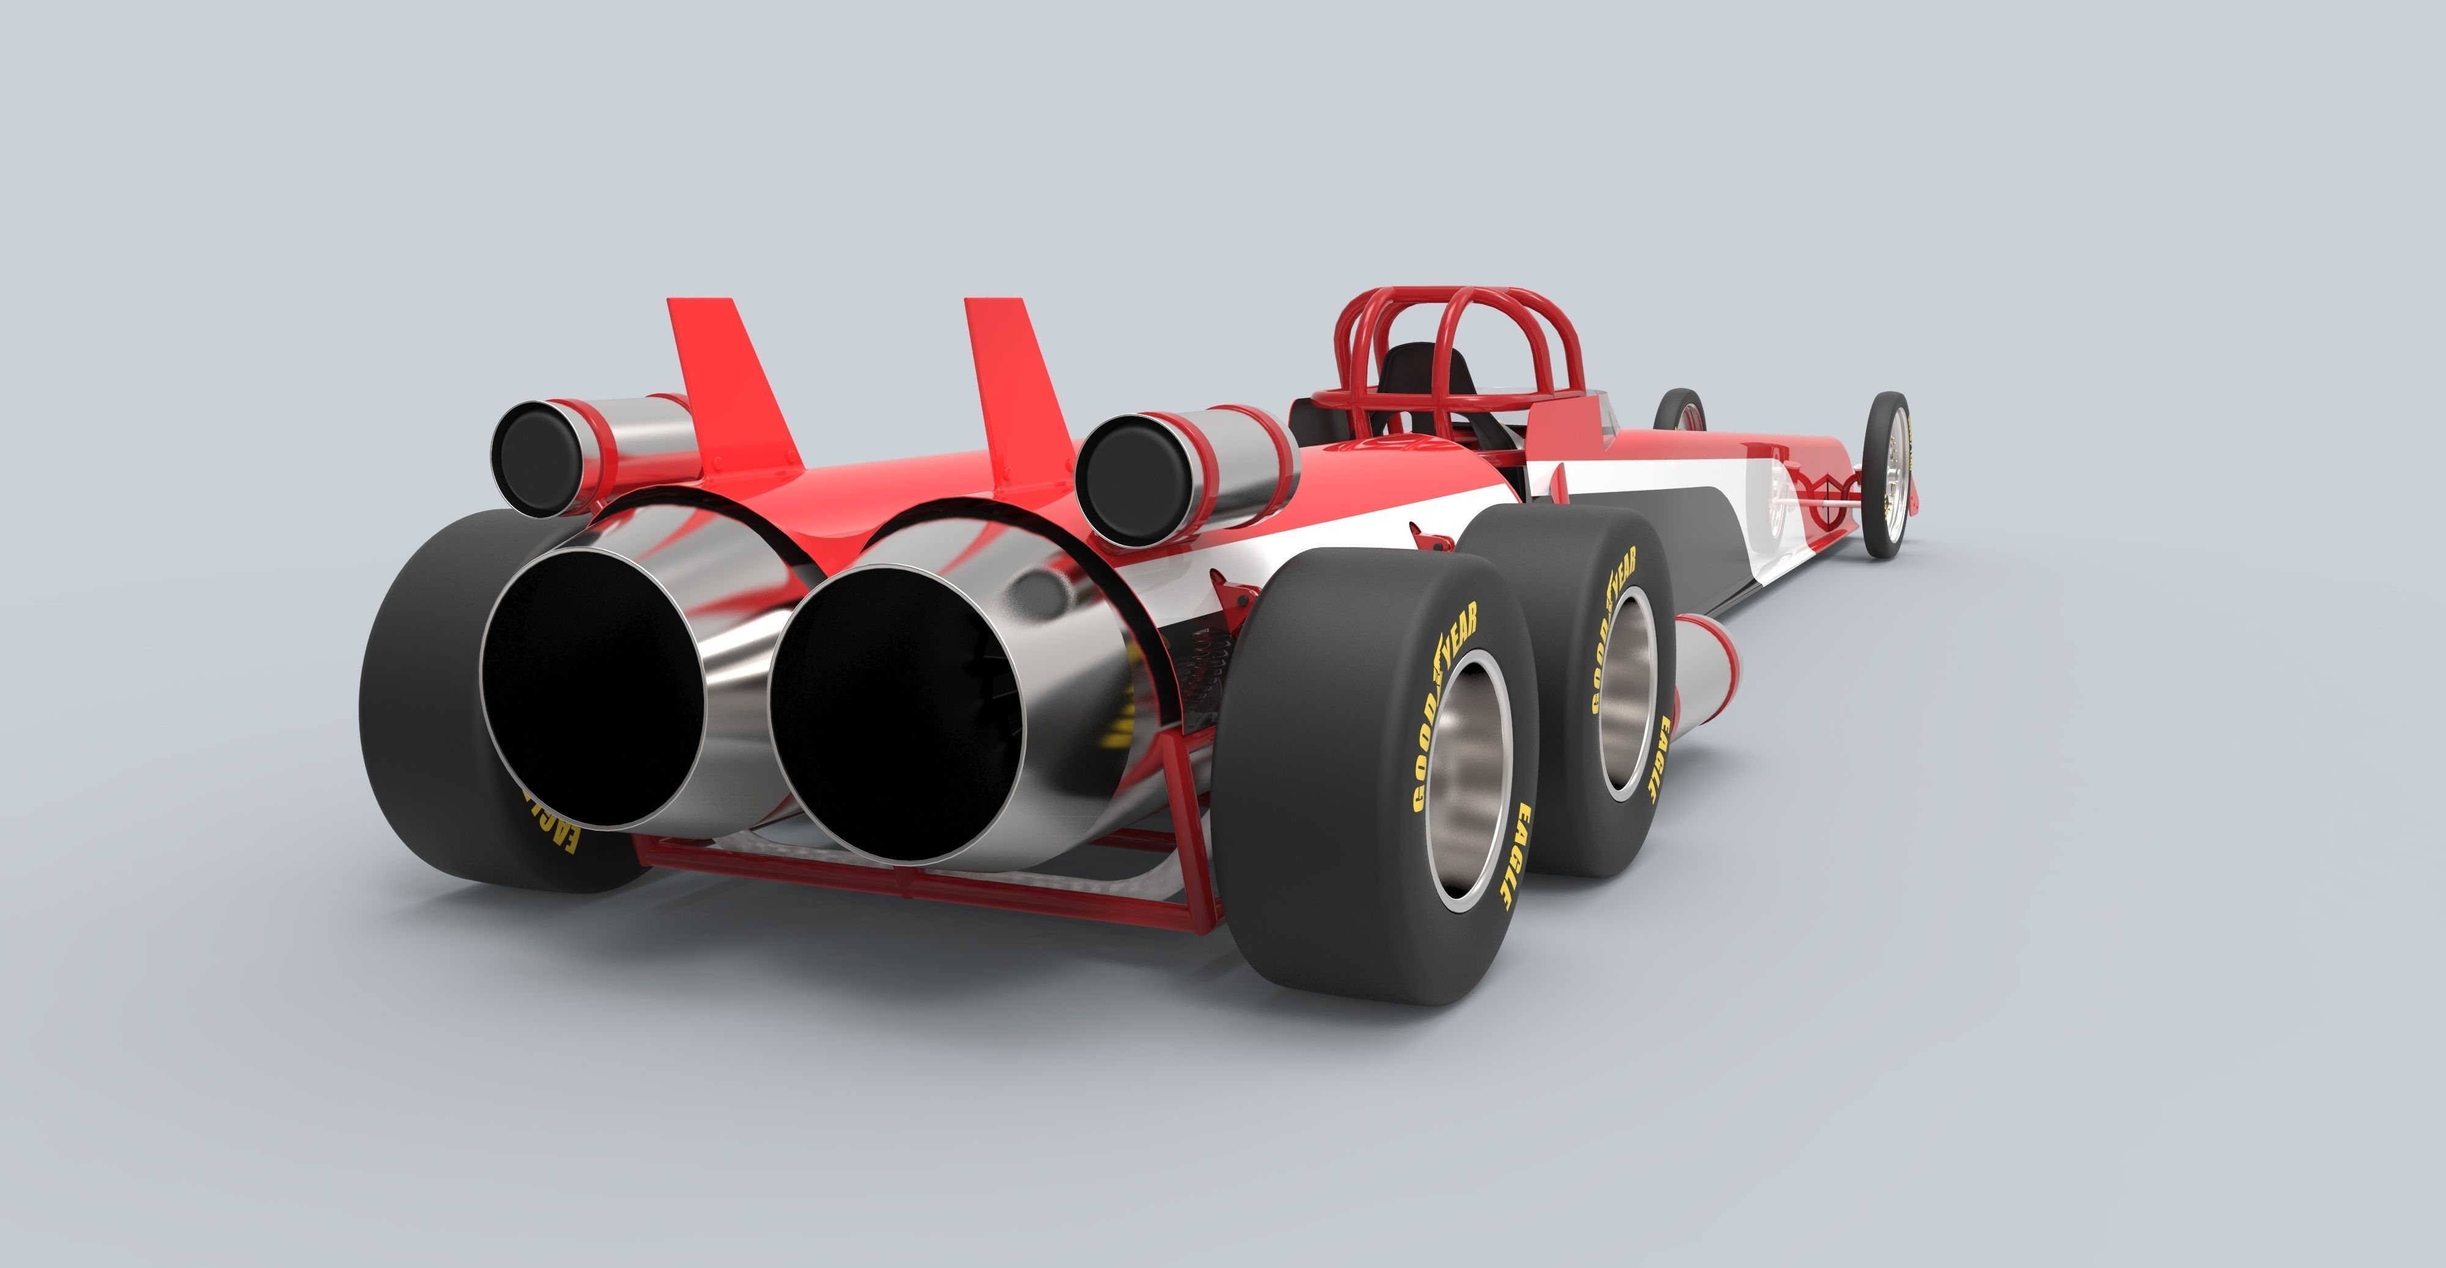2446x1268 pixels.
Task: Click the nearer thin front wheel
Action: (x=1885, y=474)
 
